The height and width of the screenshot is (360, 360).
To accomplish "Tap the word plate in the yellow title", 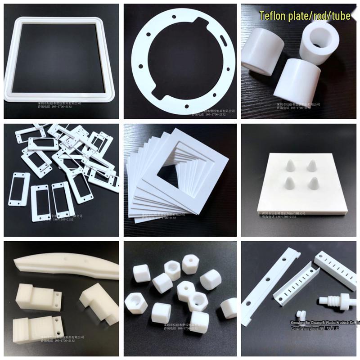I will pos(300,16).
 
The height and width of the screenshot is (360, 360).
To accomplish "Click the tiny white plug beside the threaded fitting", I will pos(299,313).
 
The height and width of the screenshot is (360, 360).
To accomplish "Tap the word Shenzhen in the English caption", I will pos(298,323).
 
